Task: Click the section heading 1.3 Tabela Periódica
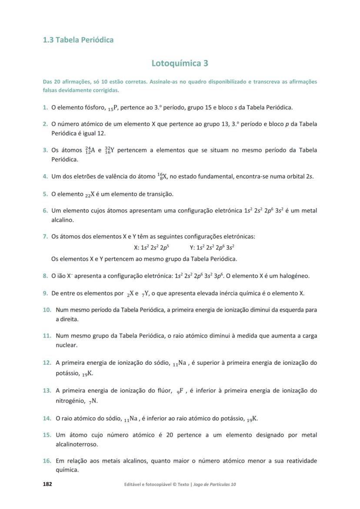tap(78, 40)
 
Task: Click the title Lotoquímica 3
tap(180, 63)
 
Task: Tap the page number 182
tap(47, 484)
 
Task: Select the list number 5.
tap(45, 194)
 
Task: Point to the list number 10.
tap(47, 310)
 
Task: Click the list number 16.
tap(47, 461)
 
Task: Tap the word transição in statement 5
tap(160, 194)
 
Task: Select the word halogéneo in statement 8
tap(293, 276)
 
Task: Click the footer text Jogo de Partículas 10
tap(214, 484)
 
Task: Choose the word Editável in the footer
tap(134, 484)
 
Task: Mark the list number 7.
tap(45, 236)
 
